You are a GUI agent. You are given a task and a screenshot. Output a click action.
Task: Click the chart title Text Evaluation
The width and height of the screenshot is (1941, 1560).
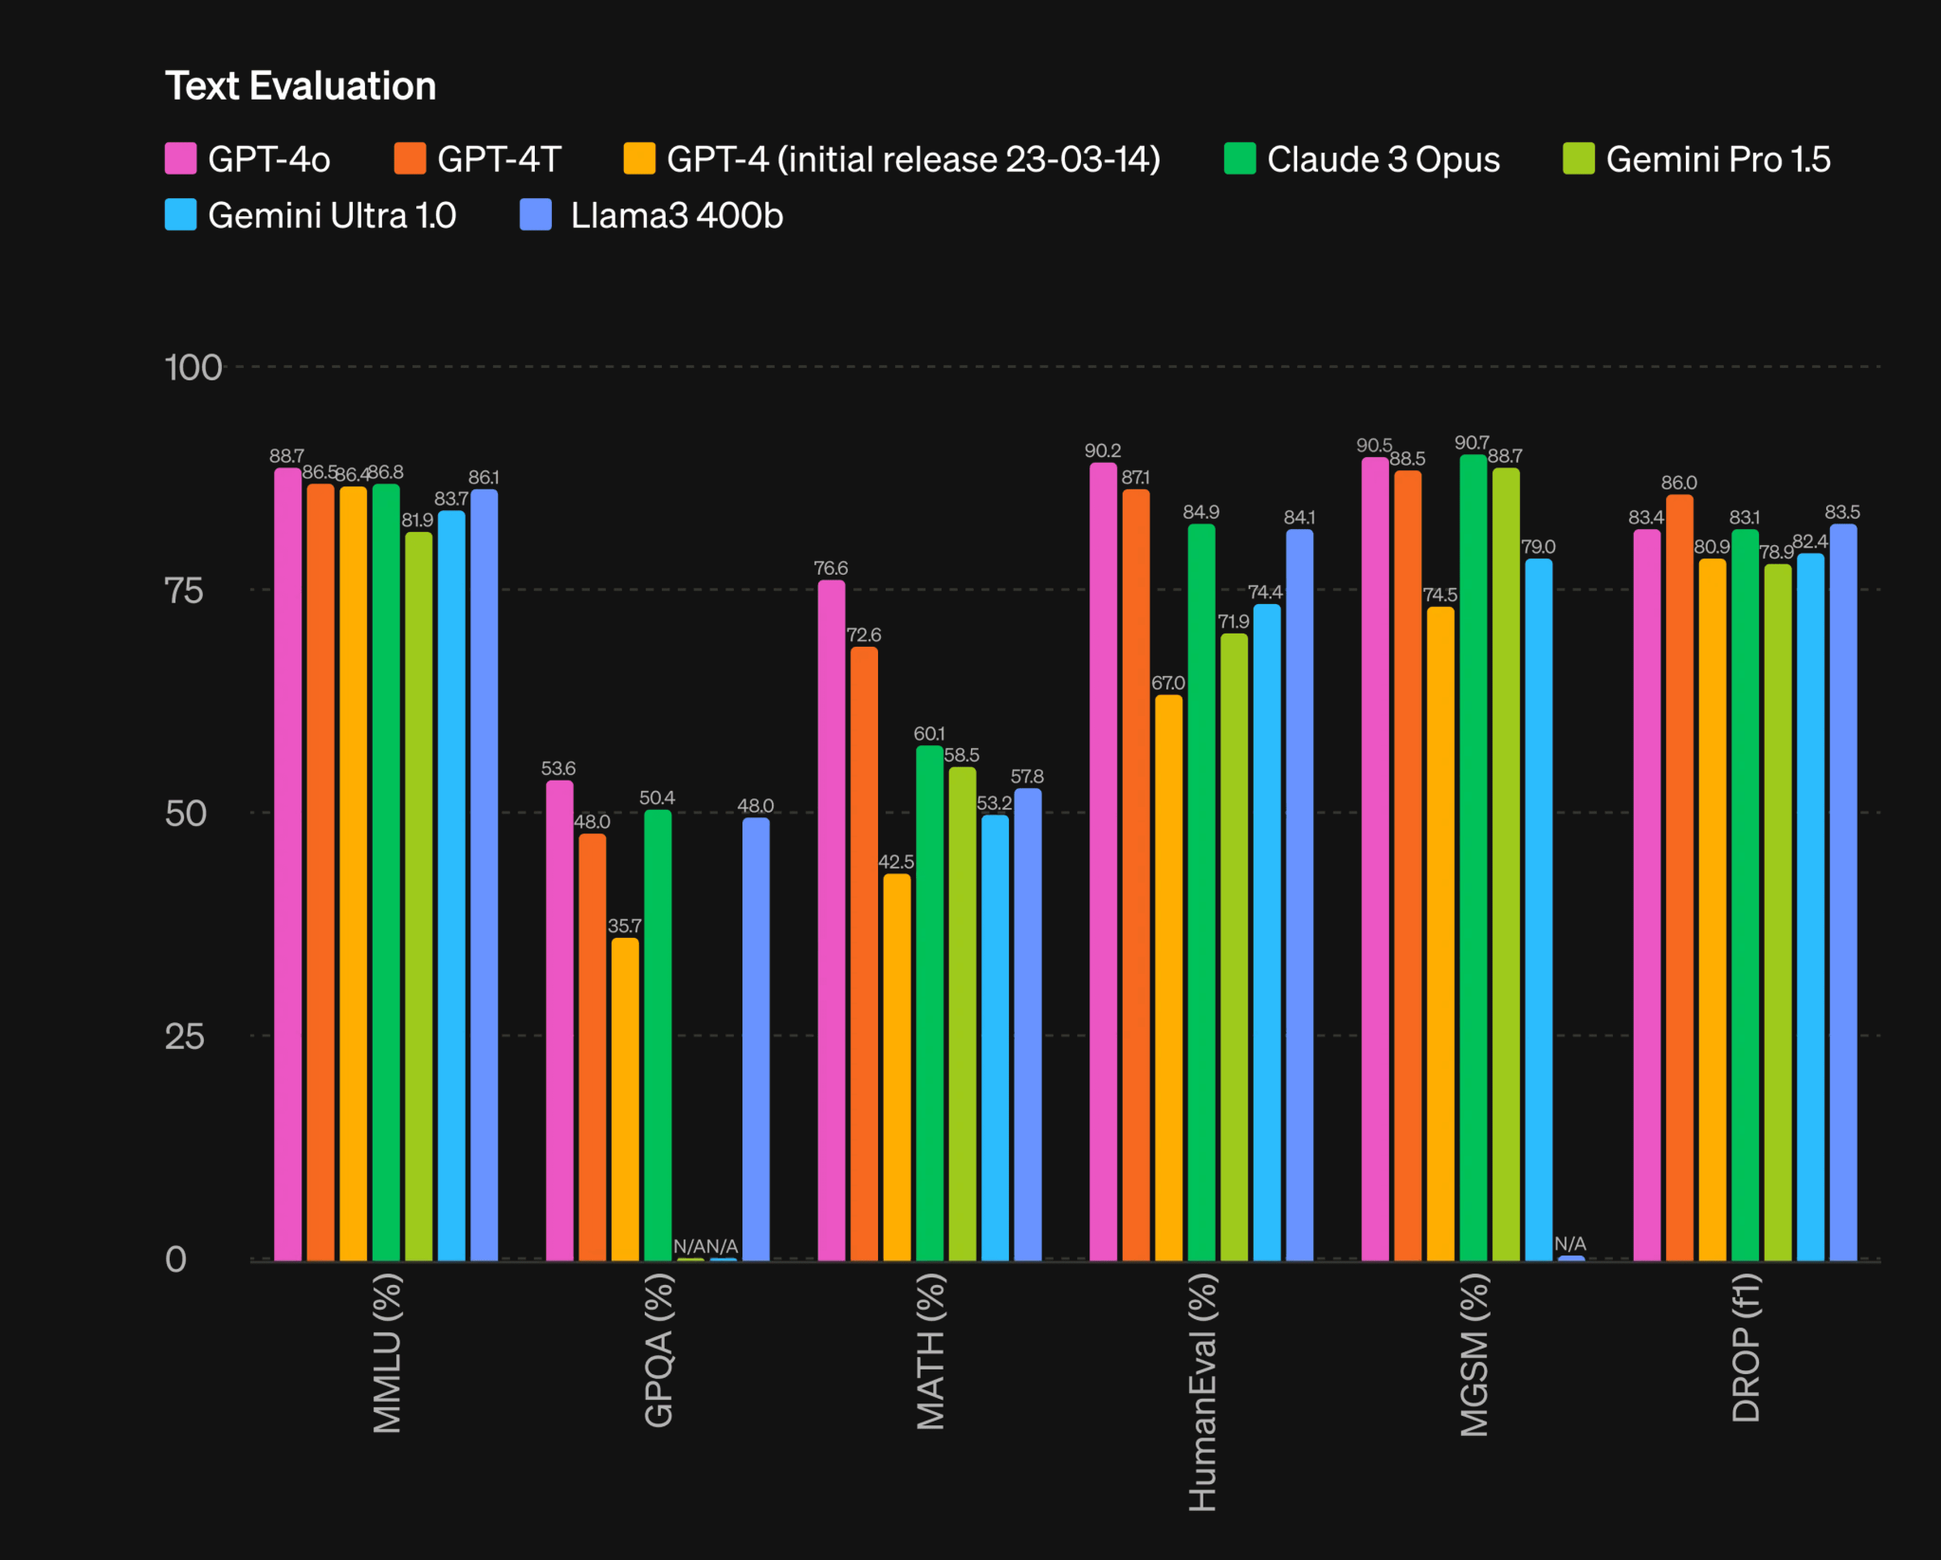pos(301,86)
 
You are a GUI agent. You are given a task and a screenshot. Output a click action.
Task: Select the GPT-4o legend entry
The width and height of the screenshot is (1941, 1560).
pos(248,159)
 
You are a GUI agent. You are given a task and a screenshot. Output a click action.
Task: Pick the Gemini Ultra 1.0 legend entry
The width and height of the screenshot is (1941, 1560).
pos(311,216)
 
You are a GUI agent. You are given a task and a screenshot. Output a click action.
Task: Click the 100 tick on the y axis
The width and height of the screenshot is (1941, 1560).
pos(192,367)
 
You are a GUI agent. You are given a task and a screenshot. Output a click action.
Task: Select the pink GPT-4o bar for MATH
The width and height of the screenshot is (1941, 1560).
pos(831,918)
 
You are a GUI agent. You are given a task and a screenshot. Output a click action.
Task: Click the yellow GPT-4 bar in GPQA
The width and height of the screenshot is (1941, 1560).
pos(625,1098)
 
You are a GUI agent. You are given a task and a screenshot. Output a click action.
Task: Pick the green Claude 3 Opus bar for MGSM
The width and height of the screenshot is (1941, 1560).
pos(1473,855)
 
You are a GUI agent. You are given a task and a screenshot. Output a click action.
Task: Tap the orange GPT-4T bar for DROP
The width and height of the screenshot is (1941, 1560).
pos(1679,878)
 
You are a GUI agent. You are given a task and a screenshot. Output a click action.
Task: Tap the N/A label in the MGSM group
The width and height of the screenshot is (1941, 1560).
pos(1570,1243)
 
